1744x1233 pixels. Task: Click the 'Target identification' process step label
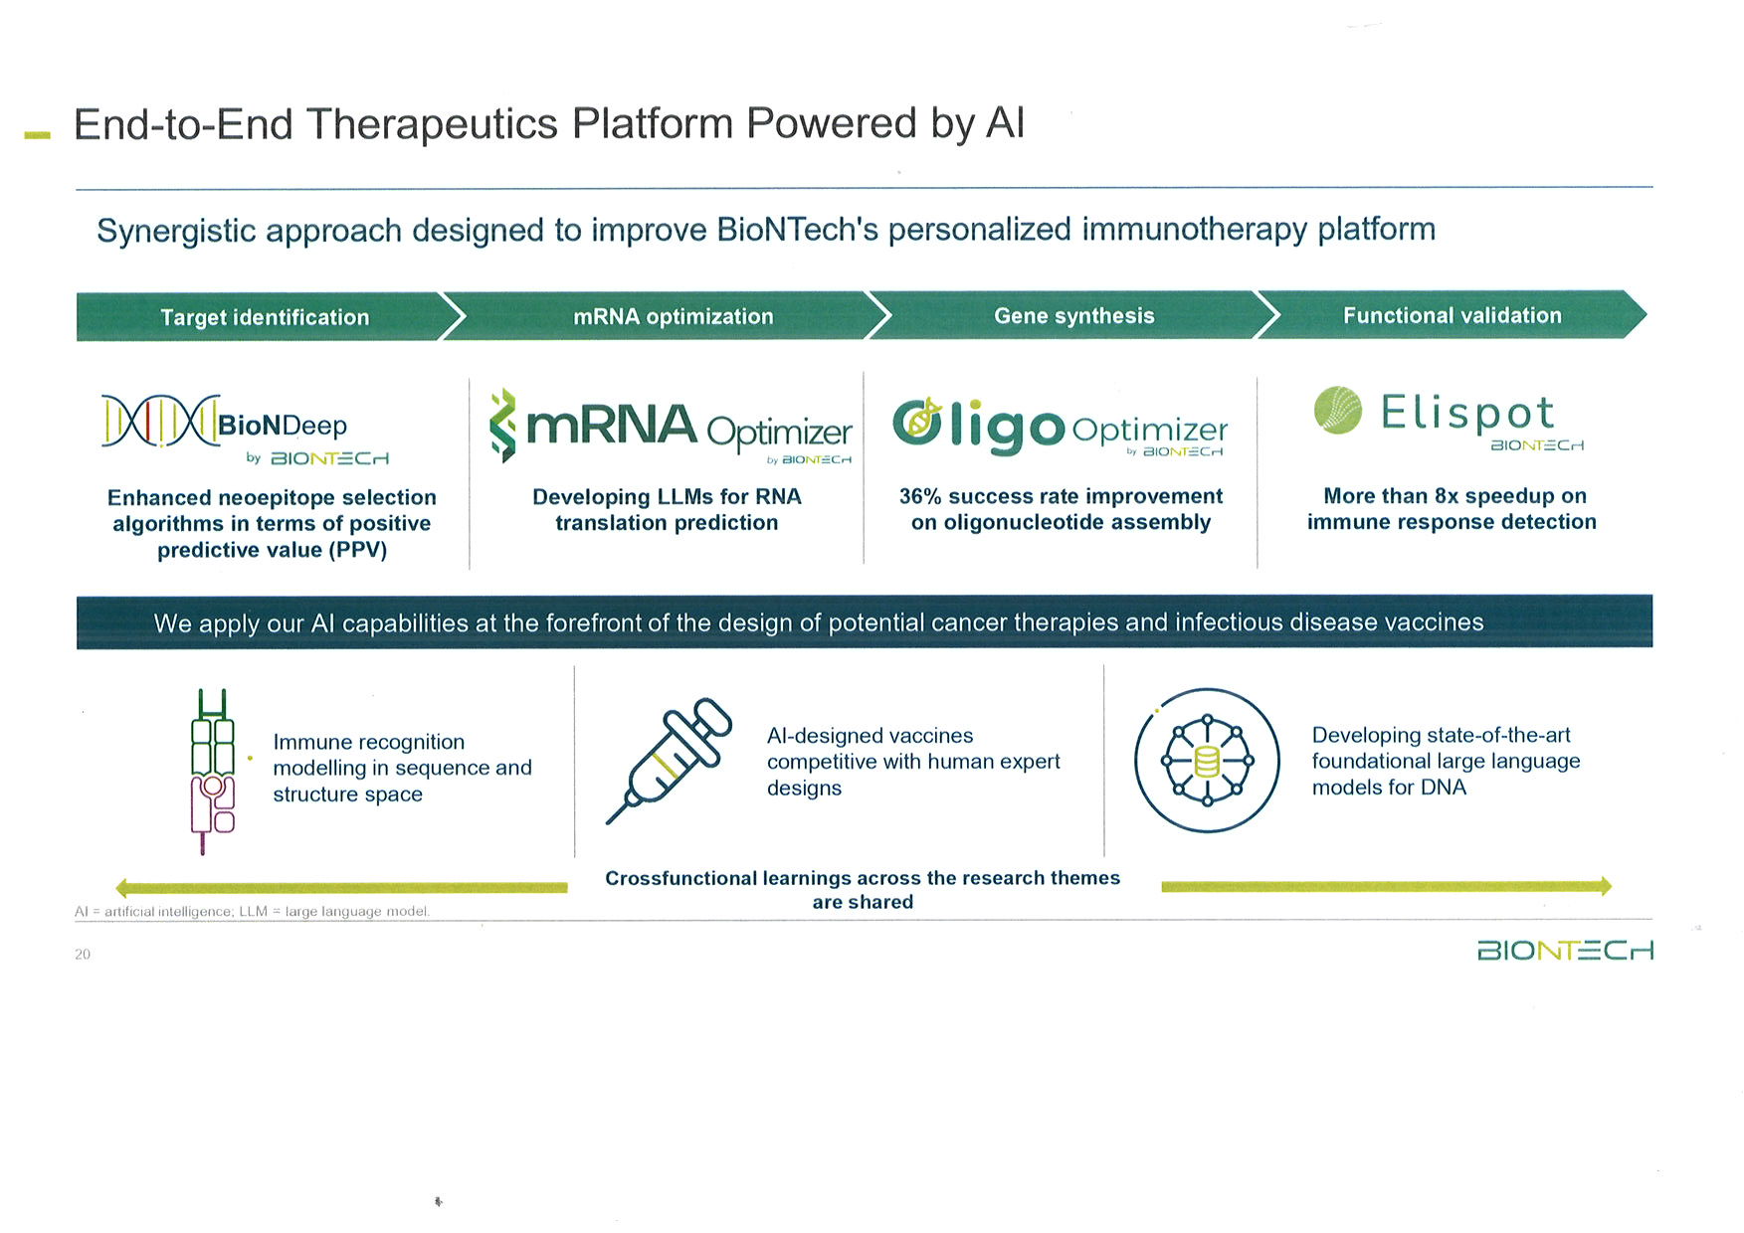click(265, 317)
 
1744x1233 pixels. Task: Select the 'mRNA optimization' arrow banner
click(673, 316)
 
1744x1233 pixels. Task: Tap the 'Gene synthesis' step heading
click(1073, 315)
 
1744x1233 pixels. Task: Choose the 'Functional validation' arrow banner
click(1452, 315)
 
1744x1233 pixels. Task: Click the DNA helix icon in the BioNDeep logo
click(159, 422)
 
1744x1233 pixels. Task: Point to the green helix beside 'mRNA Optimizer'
click(504, 426)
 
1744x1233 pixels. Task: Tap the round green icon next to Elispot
click(1337, 410)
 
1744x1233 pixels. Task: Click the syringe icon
click(670, 761)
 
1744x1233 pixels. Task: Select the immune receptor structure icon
click(212, 772)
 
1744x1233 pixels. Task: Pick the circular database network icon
click(1207, 761)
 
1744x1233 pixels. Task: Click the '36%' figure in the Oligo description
click(920, 496)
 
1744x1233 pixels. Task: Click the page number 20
click(83, 955)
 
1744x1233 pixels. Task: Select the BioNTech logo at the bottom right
click(1565, 951)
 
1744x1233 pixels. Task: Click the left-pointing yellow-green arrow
click(338, 888)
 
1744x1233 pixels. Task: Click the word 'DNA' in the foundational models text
click(1443, 788)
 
